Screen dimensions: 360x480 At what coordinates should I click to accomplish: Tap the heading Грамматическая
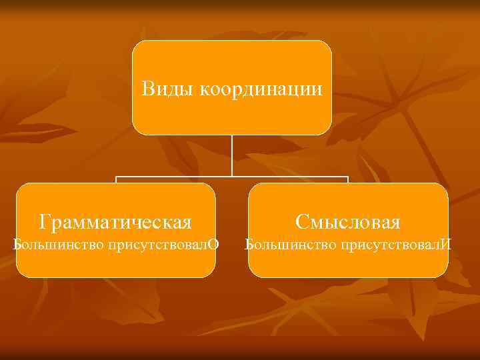[x=115, y=221]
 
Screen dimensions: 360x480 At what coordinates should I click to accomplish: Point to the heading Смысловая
[x=348, y=221]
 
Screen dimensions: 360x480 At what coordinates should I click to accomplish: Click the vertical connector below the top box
[x=232, y=155]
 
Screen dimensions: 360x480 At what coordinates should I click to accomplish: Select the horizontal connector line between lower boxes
[x=232, y=177]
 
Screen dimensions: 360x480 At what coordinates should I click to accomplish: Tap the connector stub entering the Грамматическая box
[x=116, y=180]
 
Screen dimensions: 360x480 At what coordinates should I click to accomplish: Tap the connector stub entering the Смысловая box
[x=348, y=180]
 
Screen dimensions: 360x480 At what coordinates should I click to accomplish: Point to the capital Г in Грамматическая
[x=45, y=221]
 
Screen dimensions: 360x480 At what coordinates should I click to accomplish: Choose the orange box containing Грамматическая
[x=115, y=263]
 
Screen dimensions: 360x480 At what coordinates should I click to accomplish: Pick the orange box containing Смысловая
[x=348, y=263]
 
